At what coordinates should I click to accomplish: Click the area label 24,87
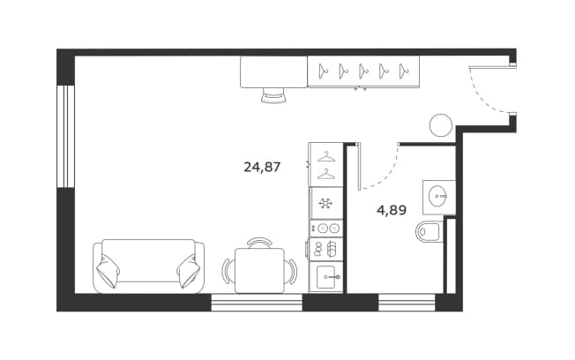[262, 168]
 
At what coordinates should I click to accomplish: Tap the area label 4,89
[392, 210]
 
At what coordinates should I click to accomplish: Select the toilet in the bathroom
[428, 232]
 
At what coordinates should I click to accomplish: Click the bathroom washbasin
[438, 196]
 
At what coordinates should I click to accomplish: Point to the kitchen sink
[326, 277]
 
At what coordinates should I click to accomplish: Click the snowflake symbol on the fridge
[325, 203]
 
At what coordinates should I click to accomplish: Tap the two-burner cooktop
[326, 229]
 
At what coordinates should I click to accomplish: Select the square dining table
[259, 271]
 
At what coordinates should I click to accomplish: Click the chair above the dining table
[259, 243]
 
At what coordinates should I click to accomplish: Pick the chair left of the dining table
[228, 271]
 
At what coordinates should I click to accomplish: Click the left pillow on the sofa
[108, 270]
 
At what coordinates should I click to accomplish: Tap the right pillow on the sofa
[190, 271]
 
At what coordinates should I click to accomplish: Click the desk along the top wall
[273, 72]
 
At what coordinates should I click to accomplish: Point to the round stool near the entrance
[441, 125]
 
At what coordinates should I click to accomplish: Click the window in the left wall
[66, 137]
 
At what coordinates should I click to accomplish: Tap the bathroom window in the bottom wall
[407, 303]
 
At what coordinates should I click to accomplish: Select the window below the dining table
[257, 303]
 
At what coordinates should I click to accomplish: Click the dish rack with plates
[326, 249]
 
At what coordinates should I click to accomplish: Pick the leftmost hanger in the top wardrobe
[323, 71]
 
